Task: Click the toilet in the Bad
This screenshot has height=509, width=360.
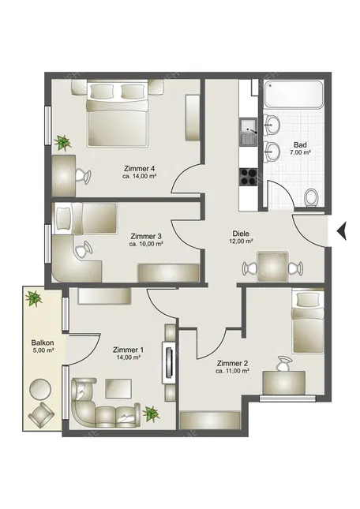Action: pos(312,197)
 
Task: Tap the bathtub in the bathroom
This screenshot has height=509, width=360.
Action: pos(293,95)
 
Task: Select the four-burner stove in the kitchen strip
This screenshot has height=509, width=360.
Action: pos(249,177)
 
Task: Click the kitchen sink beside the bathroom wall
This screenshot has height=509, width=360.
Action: pos(249,132)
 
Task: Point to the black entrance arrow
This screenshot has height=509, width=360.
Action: pos(342,230)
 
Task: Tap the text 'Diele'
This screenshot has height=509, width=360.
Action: pos(241,234)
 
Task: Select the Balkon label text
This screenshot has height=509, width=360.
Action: pos(43,342)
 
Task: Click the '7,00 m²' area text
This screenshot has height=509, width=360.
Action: pos(301,152)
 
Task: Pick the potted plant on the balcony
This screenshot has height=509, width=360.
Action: pos(34,298)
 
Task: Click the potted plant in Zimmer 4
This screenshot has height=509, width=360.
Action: pos(62,143)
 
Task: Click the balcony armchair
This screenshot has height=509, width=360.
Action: pos(41,414)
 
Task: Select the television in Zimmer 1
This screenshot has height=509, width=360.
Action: pos(170,362)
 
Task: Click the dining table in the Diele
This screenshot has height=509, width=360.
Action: pos(272,268)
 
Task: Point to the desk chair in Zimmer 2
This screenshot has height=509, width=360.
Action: pos(283,364)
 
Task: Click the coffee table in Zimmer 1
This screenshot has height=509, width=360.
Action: pos(118,388)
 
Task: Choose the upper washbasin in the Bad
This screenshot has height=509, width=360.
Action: pos(272,125)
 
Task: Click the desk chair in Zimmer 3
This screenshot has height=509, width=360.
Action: pos(83,250)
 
